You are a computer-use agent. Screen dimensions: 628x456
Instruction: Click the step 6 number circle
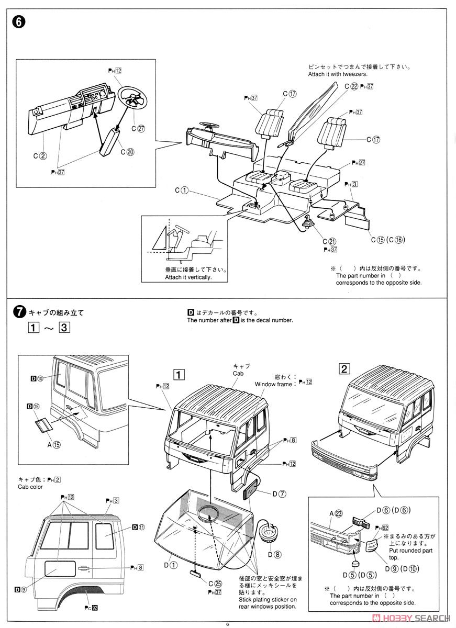coord(17,23)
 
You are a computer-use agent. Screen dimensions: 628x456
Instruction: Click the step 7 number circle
coord(18,313)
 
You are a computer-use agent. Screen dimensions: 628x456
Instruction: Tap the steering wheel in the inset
coord(134,98)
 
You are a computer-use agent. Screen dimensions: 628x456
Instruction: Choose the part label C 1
coord(182,190)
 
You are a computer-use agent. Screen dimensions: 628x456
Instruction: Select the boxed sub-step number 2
coord(344,368)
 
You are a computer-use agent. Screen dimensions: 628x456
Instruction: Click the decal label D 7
coord(279,494)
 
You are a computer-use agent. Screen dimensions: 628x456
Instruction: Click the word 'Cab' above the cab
coord(239,373)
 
